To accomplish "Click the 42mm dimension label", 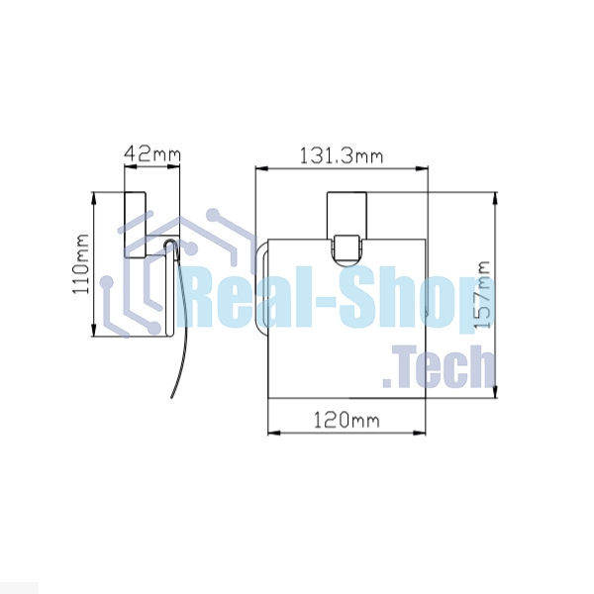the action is pos(152,153).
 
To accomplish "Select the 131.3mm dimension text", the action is pos(342,156).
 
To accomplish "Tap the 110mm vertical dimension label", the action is pos(81,263).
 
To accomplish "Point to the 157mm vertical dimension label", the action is pos(483,294).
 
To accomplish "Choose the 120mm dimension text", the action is pos(346,420).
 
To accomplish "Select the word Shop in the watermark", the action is pos(417,299).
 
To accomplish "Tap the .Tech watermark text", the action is pos(439,366).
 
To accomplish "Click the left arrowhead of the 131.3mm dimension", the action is pos(261,168).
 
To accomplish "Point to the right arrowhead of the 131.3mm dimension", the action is pos(422,168).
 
